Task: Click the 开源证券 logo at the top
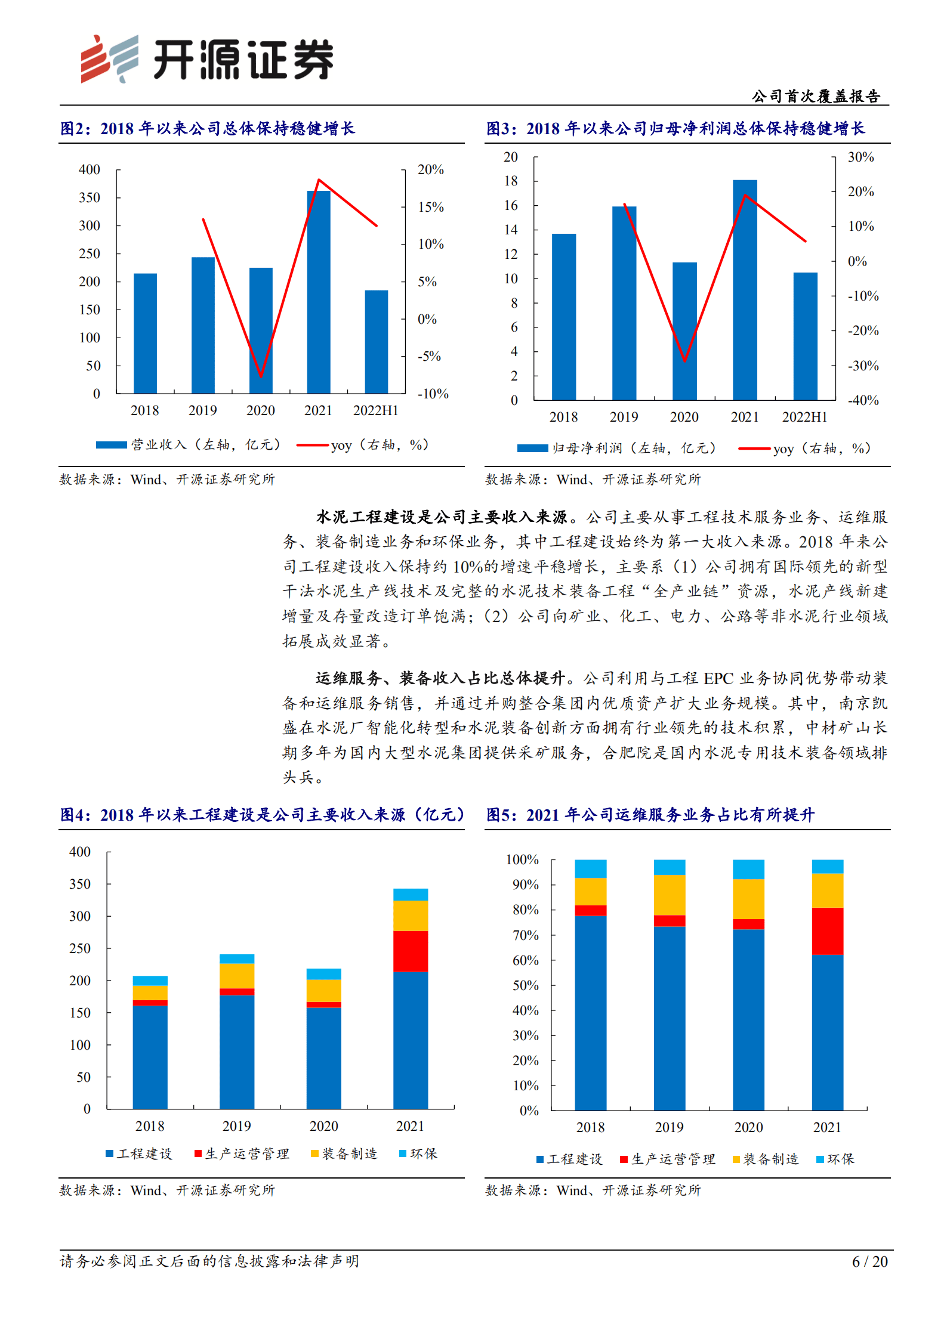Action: (206, 59)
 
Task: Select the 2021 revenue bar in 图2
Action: (319, 292)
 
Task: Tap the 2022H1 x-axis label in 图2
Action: (375, 410)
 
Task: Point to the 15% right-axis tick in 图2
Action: (430, 207)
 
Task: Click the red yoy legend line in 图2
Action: (312, 445)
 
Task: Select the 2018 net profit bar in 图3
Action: (563, 317)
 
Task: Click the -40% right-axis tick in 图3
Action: (863, 400)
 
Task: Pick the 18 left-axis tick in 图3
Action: (511, 181)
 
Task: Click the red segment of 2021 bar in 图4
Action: (410, 951)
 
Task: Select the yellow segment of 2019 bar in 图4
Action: (236, 976)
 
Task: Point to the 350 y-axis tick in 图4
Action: (80, 884)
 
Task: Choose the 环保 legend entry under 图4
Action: (418, 1154)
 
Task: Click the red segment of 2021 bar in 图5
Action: (827, 931)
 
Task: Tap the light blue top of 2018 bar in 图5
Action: (590, 868)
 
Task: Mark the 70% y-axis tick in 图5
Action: (525, 935)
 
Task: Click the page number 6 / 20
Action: (869, 1261)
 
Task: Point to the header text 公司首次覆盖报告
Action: (815, 96)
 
